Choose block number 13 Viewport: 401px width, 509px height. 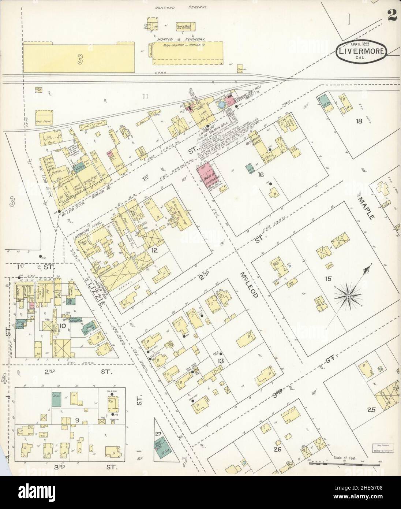coord(220,361)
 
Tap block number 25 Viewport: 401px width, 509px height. coord(371,410)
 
